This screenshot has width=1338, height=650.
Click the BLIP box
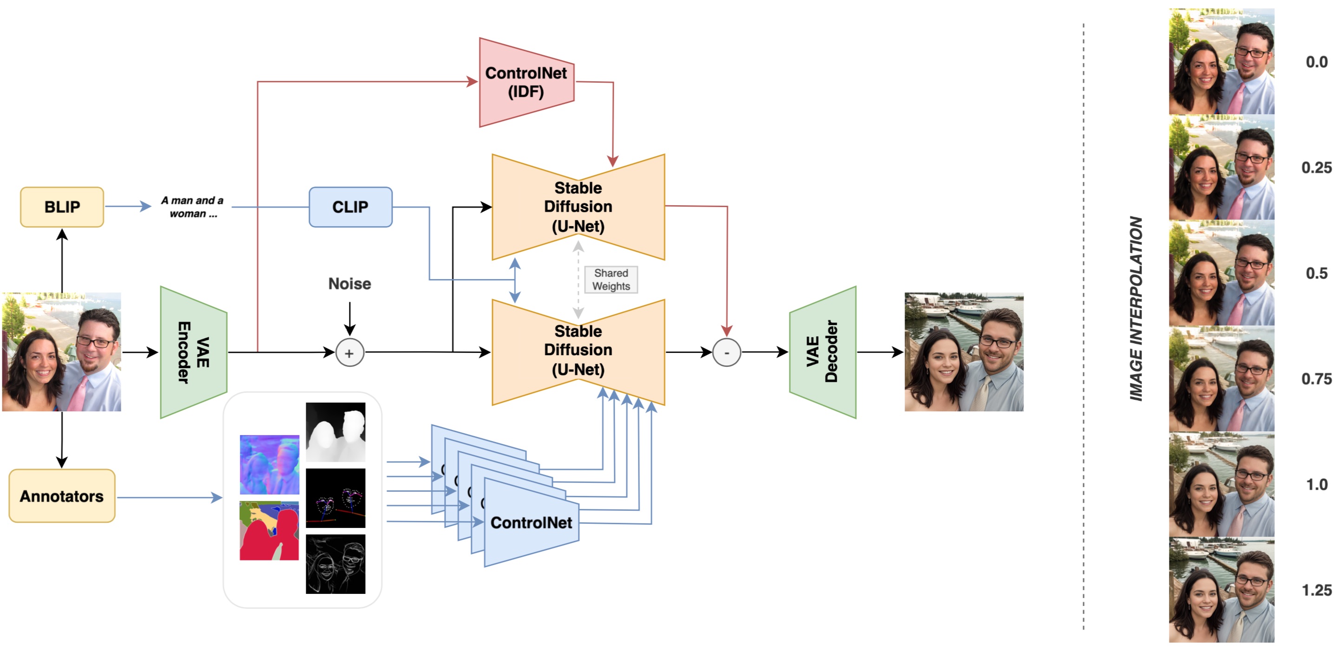[62, 207]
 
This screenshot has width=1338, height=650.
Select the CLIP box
[351, 207]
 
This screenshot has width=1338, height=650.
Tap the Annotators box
[62, 496]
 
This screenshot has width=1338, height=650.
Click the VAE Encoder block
[193, 352]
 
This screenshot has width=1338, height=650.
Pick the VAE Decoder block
[822, 352]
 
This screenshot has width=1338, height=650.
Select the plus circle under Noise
[349, 353]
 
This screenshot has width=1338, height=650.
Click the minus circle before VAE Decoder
[726, 352]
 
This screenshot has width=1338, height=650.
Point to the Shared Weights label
[611, 280]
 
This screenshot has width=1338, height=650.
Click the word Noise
[349, 284]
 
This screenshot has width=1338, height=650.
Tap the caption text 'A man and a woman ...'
[192, 207]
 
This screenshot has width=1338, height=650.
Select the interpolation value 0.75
[1316, 379]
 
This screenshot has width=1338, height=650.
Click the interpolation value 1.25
[1316, 590]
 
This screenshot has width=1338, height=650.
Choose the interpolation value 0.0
[1316, 62]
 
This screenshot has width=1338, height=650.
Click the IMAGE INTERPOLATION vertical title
[1136, 309]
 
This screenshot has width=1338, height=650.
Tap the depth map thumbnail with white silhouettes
[335, 432]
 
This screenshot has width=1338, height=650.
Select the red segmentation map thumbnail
[269, 531]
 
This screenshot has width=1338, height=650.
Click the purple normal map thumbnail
[269, 465]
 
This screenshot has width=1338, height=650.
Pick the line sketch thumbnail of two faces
[335, 564]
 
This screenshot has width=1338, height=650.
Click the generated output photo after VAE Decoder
[964, 352]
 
